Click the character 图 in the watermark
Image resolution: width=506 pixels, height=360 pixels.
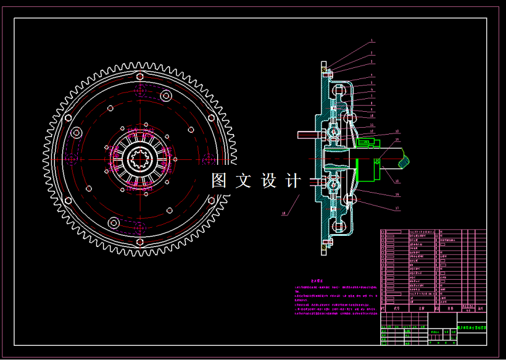tap(219, 181)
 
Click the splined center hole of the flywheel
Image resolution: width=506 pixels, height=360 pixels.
tap(140, 159)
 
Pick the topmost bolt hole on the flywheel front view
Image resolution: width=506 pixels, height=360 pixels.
tap(140, 76)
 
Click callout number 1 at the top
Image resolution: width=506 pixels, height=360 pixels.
tap(371, 41)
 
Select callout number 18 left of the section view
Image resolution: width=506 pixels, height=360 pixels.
tap(284, 214)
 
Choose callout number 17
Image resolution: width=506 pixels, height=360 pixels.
tap(397, 208)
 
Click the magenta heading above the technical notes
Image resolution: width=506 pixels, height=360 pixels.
tap(317, 280)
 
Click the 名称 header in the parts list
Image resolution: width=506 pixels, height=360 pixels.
tap(422, 308)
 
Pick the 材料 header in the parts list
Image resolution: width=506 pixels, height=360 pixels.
tap(450, 308)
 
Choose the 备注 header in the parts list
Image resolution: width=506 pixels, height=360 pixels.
tap(480, 308)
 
